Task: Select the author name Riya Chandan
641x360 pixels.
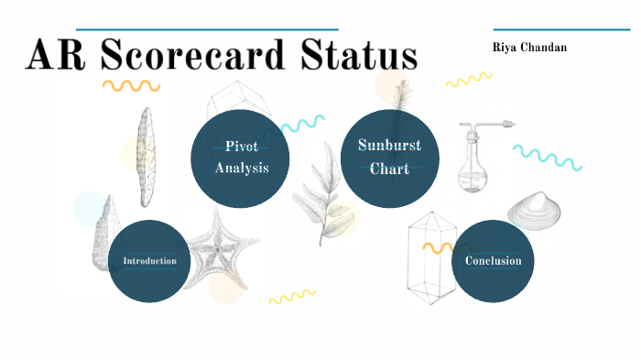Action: click(x=528, y=47)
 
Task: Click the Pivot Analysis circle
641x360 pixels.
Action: click(x=241, y=158)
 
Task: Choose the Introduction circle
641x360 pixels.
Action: click(x=149, y=261)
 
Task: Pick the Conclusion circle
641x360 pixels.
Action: click(x=493, y=261)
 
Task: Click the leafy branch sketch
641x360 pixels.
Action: click(x=320, y=192)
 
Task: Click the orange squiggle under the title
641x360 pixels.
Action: click(x=130, y=86)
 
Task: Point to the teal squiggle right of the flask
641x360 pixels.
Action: click(x=547, y=157)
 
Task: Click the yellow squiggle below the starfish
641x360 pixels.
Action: click(x=291, y=296)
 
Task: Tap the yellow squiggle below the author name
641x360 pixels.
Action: click(x=469, y=80)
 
